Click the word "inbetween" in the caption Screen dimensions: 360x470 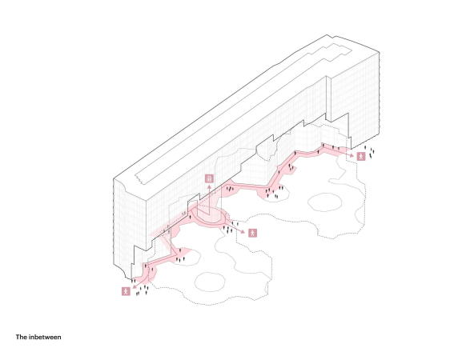[45, 338]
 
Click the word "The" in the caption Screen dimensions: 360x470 [22, 338]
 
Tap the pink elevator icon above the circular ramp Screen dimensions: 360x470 [210, 178]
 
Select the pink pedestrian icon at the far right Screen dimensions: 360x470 [363, 157]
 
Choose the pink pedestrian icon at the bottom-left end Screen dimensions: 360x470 [126, 291]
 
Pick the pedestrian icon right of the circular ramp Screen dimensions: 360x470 [253, 233]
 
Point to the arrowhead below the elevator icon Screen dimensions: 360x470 [210, 186]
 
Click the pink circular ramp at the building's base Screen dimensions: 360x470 [210, 216]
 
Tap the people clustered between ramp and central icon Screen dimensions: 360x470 [230, 230]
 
